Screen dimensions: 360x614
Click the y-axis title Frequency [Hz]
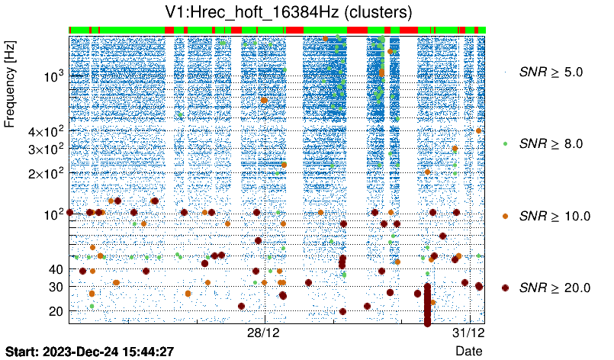[11, 85]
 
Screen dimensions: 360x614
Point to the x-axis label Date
[468, 351]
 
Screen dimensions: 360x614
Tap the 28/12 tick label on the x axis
[265, 333]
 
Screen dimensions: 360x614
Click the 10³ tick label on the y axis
[53, 76]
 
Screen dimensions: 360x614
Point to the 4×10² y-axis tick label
[47, 131]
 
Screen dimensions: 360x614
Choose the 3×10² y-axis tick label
[47, 149]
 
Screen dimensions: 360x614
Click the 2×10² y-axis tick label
[47, 173]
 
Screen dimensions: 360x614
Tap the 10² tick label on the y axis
[53, 214]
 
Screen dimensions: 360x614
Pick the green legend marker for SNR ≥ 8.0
[505, 143]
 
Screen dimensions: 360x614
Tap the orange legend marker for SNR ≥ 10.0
[505, 215]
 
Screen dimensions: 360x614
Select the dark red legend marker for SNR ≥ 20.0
[505, 287]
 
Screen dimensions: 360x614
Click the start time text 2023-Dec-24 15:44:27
[108, 352]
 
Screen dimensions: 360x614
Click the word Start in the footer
[23, 352]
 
